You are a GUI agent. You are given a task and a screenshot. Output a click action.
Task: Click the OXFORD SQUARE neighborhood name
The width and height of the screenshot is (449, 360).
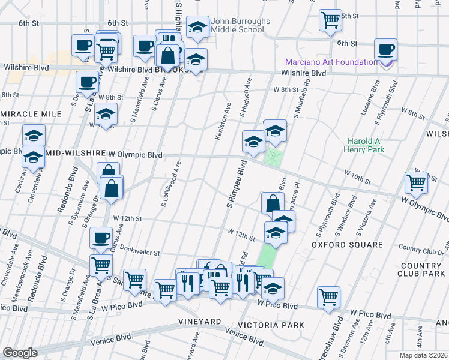coord(347,245)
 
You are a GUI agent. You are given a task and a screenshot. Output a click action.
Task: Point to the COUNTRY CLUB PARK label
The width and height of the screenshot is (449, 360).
coord(420,269)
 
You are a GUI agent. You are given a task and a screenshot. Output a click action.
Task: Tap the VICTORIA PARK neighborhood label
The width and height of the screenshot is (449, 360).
coord(270,325)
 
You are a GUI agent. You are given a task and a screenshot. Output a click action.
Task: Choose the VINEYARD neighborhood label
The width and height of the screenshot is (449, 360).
coord(200,322)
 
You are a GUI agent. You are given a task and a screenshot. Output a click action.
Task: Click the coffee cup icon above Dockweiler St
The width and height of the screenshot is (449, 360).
coord(101,237)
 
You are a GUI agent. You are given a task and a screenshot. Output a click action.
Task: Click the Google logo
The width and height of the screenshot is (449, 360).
coord(20,353)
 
